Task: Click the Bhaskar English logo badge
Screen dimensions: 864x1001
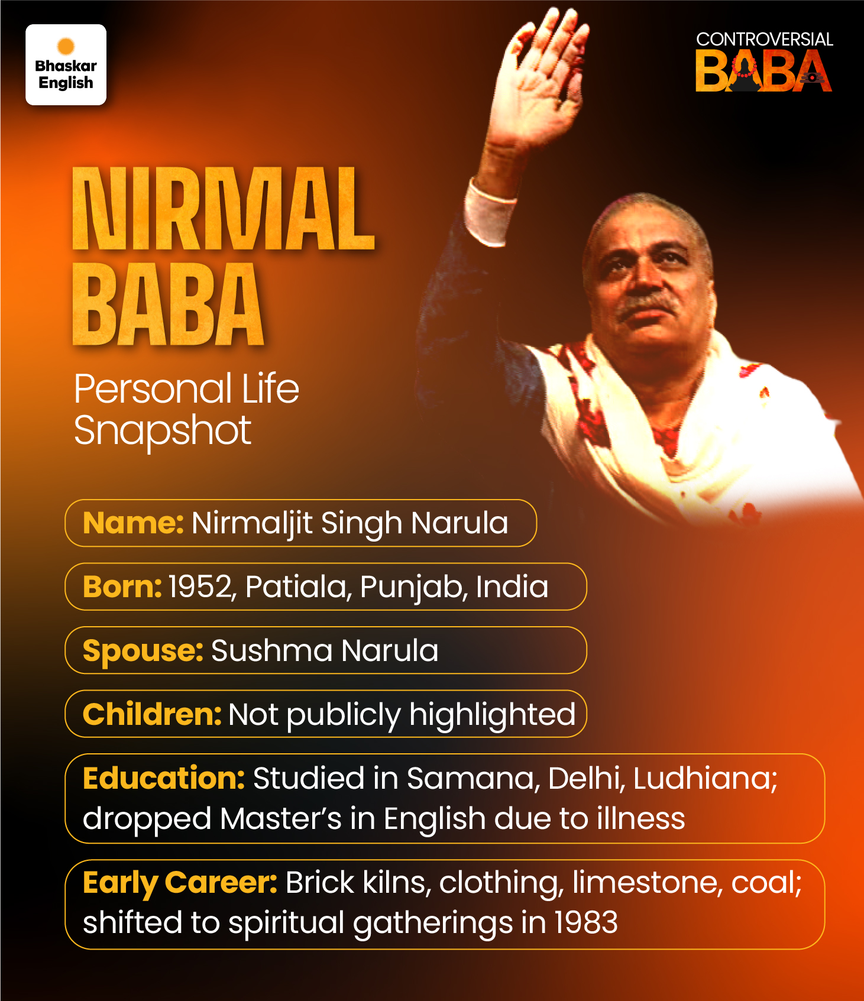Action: [x=66, y=64]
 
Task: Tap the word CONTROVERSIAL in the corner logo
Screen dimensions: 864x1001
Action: [x=765, y=40]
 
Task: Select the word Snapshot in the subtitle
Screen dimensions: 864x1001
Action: [x=163, y=430]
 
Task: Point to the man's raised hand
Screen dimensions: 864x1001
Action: [x=541, y=77]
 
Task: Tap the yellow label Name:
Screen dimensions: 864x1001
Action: [x=133, y=523]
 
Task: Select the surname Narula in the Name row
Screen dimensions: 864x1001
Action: [x=459, y=523]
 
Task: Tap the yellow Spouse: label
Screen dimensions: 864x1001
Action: [x=143, y=651]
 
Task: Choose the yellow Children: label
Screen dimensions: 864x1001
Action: [x=152, y=714]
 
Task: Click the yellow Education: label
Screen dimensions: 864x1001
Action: [x=164, y=778]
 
